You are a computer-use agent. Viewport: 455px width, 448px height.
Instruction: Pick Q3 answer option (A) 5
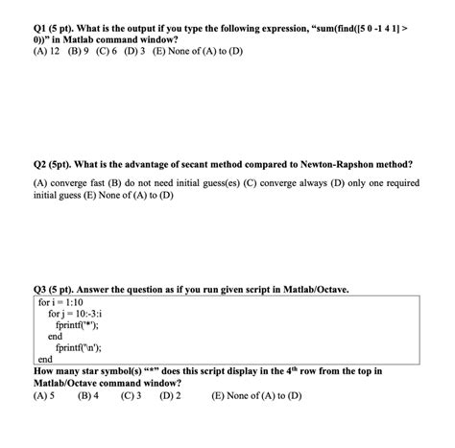click(x=44, y=395)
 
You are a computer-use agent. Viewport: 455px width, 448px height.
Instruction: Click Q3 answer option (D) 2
click(x=172, y=395)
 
